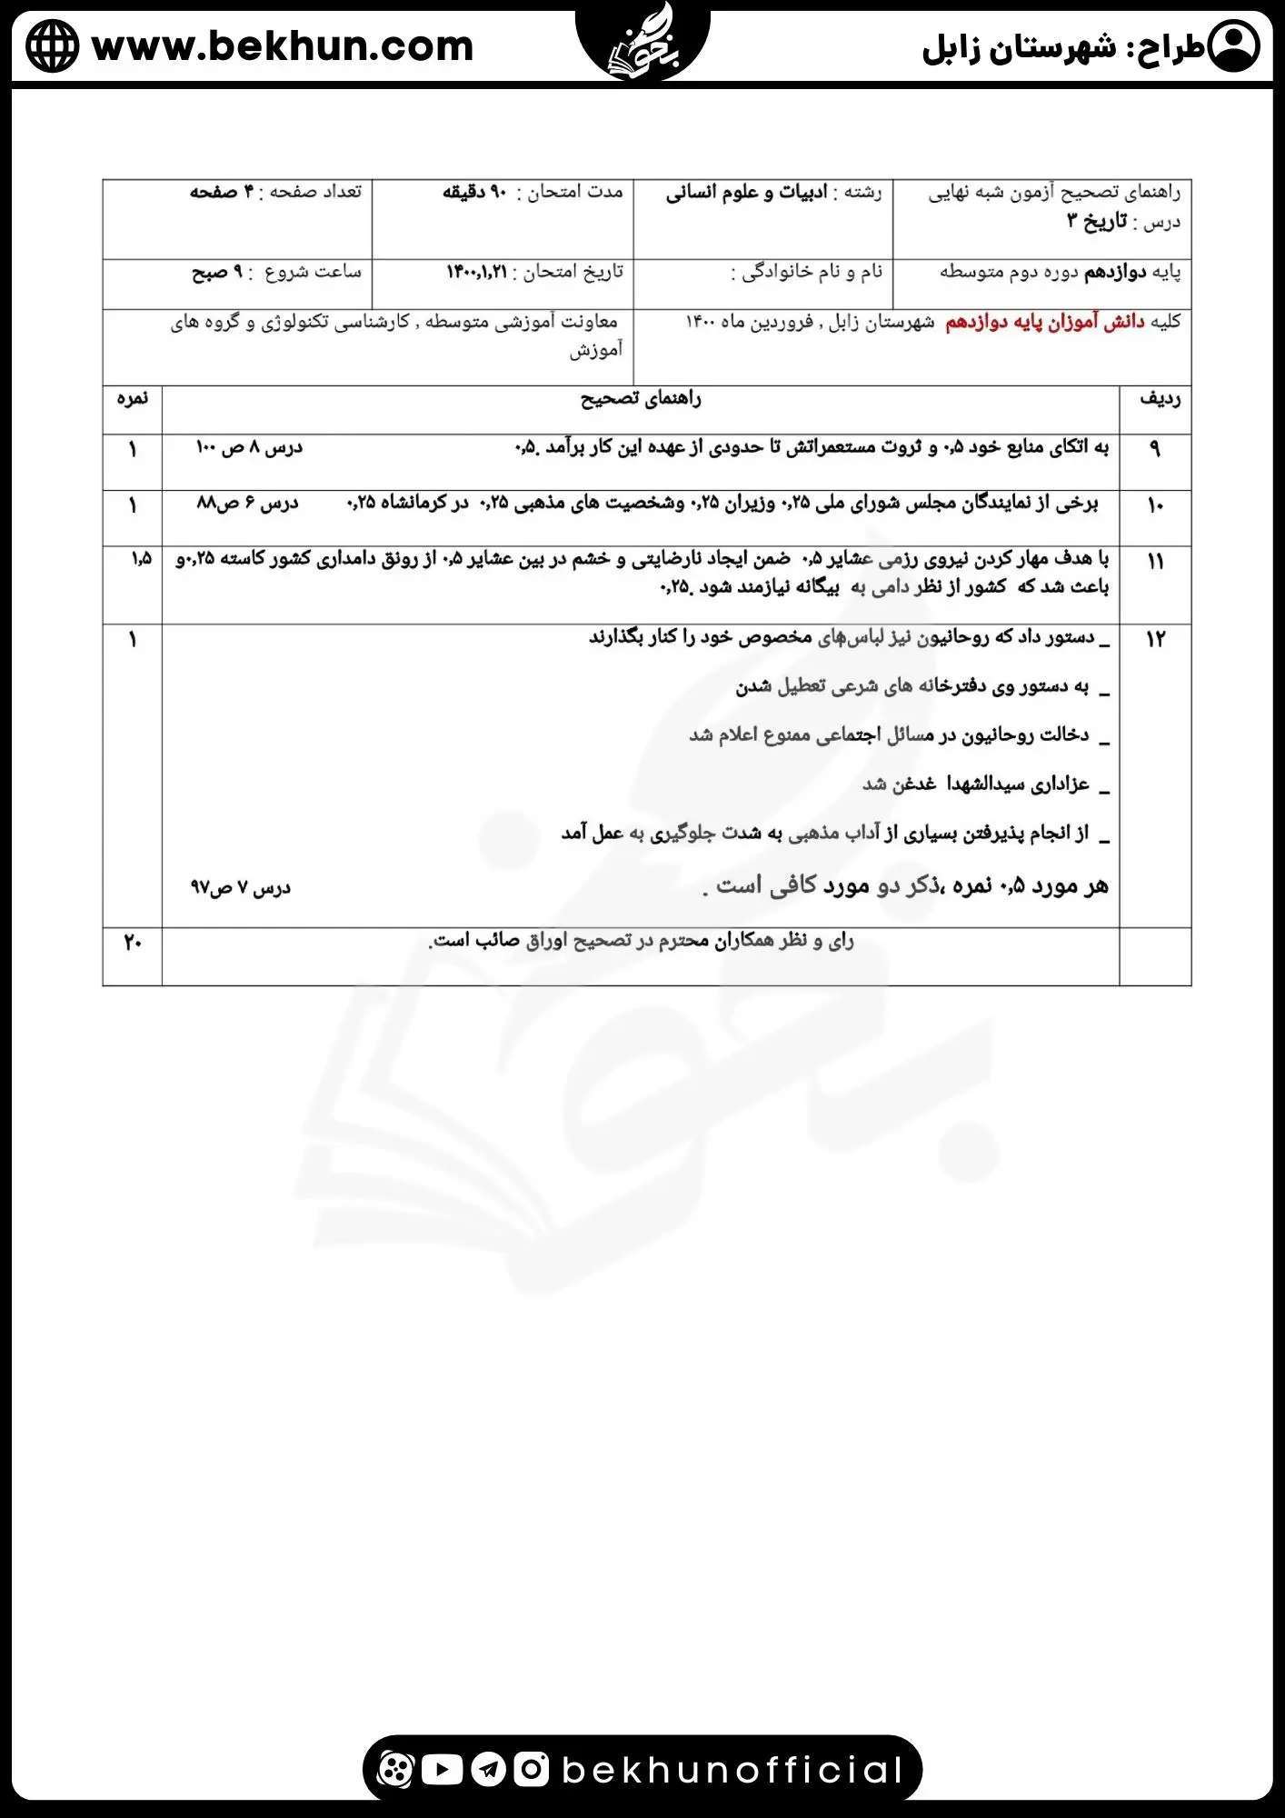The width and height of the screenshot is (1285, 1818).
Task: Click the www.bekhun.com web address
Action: (283, 46)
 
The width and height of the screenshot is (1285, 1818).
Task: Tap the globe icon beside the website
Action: (53, 46)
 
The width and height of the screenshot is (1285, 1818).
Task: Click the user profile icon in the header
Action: (1233, 46)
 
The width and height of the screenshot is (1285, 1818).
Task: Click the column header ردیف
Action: (1160, 399)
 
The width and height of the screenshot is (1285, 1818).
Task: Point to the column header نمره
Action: (133, 399)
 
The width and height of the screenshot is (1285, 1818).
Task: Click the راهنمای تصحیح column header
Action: (641, 399)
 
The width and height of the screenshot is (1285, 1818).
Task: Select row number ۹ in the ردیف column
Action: (1155, 448)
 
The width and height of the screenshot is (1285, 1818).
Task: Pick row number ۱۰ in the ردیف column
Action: (1155, 504)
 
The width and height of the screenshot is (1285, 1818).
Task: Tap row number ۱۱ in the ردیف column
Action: (1155, 561)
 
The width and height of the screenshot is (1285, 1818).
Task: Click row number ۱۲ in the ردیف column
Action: (1155, 639)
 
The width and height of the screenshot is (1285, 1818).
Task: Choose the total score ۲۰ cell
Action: (133, 943)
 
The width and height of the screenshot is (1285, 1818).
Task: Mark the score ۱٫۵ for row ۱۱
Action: (141, 558)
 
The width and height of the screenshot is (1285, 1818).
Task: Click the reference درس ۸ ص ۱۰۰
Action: (249, 447)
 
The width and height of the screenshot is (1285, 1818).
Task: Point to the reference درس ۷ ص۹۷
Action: (240, 887)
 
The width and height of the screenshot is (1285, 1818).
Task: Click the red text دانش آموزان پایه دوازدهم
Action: (1044, 323)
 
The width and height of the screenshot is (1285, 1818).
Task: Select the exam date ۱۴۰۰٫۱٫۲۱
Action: (476, 272)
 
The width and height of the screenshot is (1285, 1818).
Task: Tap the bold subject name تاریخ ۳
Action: (1097, 221)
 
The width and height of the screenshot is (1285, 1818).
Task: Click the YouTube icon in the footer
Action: (443, 1769)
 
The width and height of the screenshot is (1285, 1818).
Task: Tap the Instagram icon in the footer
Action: (531, 1769)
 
